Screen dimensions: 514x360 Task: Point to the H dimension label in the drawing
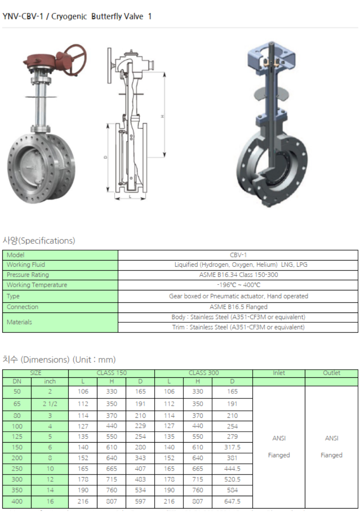pyautogui.click(x=163, y=116)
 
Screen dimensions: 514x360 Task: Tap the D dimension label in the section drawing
pyautogui.click(x=105, y=157)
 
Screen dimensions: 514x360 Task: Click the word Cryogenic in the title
pyautogui.click(x=69, y=16)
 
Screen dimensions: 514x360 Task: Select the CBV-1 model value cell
pyautogui.click(x=238, y=255)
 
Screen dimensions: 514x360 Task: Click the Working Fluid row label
pyautogui.click(x=26, y=265)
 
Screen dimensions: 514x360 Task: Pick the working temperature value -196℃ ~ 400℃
pyautogui.click(x=238, y=285)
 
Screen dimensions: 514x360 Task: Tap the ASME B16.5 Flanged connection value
pyautogui.click(x=238, y=307)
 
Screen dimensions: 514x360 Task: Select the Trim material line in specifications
pyautogui.click(x=238, y=327)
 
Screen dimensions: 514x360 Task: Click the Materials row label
pyautogui.click(x=19, y=322)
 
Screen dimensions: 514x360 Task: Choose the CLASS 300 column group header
pyautogui.click(x=203, y=373)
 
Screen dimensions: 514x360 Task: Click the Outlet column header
pyautogui.click(x=331, y=373)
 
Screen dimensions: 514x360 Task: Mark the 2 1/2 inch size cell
pyautogui.click(x=50, y=404)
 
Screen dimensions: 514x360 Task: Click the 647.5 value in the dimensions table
pyautogui.click(x=232, y=502)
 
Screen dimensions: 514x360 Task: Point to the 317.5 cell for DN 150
pyautogui.click(x=232, y=447)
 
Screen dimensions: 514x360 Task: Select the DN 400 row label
pyautogui.click(x=17, y=502)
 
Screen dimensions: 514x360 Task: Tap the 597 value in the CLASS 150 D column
pyautogui.click(x=140, y=502)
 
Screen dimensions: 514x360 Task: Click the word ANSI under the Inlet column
pyautogui.click(x=279, y=438)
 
